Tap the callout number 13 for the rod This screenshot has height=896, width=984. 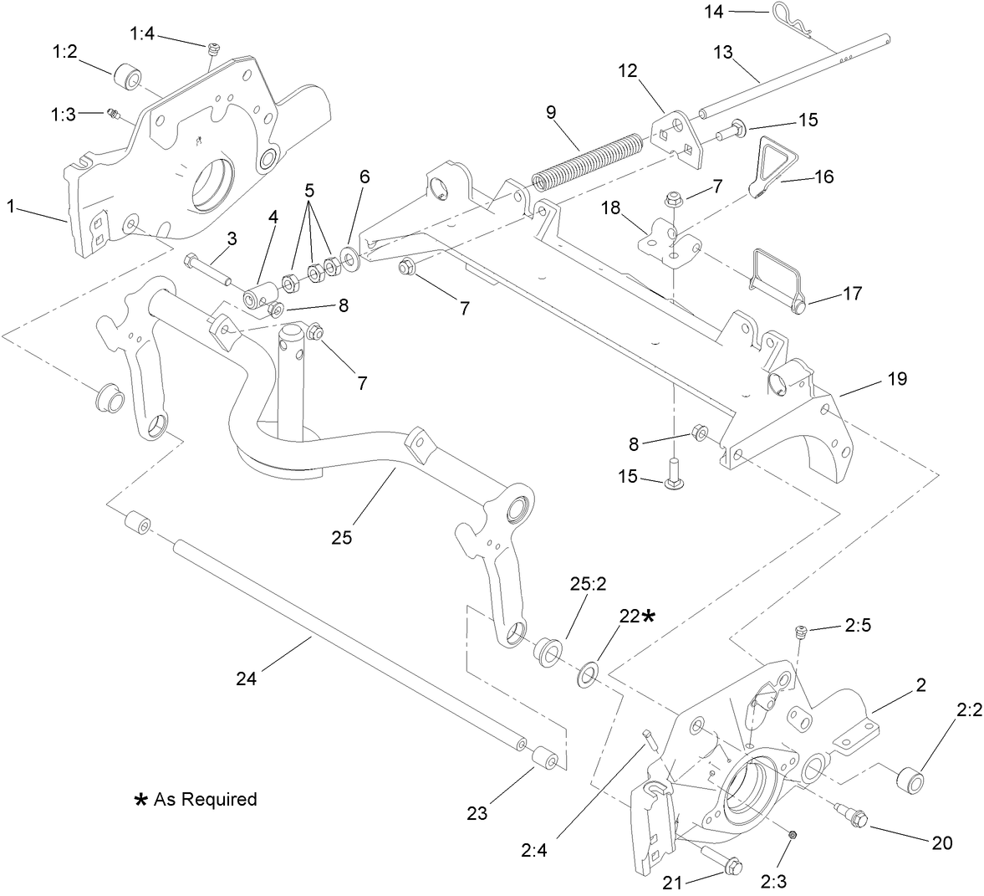point(723,52)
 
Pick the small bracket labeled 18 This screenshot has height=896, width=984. point(669,238)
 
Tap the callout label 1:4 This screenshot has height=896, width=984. point(142,33)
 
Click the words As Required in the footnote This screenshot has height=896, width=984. point(205,799)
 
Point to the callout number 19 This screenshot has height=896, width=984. point(897,379)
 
